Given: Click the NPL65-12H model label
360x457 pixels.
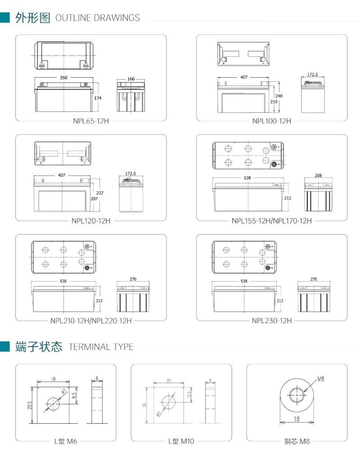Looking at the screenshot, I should (91, 121).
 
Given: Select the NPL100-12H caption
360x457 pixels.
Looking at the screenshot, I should (272, 121).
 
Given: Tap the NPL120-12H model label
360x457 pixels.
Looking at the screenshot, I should (91, 221).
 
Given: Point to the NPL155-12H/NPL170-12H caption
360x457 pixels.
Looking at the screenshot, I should (272, 221).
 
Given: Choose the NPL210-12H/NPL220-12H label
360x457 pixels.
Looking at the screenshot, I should (91, 321).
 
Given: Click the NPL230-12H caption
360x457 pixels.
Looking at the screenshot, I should (272, 321).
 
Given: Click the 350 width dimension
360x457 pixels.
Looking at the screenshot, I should (63, 78).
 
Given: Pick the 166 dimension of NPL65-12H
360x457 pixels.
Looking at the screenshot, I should (131, 79).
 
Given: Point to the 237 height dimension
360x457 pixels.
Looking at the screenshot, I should (100, 193).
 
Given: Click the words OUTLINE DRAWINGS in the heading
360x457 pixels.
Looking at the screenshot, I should (97, 18).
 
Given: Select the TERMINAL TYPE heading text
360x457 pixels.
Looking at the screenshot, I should (101, 347).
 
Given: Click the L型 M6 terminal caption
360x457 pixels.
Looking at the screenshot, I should (66, 441).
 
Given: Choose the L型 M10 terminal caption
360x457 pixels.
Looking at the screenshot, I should (181, 441).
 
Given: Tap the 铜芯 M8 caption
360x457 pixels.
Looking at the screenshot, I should (297, 441).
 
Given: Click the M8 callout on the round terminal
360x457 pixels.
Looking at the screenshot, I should (320, 379).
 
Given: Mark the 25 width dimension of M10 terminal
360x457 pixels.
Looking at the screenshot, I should (168, 381).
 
